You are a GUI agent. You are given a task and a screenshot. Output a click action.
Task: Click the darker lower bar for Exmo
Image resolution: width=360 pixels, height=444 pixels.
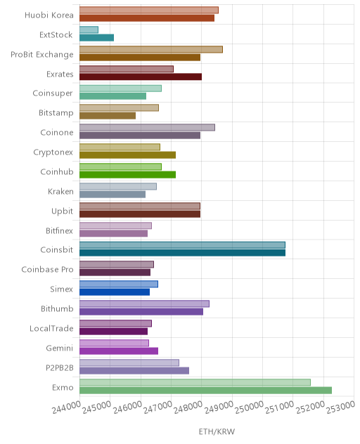coord(205,390)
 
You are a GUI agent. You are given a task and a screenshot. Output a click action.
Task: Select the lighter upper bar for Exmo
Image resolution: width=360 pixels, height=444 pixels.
coord(195,382)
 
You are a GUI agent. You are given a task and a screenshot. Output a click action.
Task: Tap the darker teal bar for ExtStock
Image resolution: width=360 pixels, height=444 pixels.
coord(96,38)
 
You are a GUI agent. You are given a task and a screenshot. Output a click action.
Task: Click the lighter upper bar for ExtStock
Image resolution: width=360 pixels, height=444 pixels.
coord(89,30)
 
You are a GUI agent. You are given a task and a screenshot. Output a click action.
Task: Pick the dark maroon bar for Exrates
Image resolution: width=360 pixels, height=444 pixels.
coord(141,77)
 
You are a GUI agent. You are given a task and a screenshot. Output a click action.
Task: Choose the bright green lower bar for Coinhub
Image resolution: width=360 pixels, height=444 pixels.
coord(127,175)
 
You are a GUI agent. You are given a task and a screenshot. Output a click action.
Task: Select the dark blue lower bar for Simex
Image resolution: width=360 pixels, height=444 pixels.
coord(115,292)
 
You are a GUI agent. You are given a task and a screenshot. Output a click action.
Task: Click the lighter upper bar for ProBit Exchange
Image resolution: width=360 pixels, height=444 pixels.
coord(151,49)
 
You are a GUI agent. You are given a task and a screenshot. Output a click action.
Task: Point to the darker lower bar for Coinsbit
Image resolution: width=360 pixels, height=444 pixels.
coord(183,253)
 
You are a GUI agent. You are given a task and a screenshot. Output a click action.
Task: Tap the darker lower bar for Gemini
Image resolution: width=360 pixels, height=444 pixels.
coord(119,351)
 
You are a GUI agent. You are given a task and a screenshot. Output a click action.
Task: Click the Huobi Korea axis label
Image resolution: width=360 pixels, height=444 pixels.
coord(49,15)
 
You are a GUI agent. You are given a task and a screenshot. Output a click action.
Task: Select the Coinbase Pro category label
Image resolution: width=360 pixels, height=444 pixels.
coord(47,269)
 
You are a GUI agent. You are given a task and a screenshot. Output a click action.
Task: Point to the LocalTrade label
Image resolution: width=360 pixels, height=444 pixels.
coord(51,329)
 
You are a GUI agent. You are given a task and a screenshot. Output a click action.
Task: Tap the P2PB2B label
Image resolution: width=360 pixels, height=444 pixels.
coord(60,368)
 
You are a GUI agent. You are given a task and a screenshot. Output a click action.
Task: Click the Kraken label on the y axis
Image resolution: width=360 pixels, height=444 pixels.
coord(60,192)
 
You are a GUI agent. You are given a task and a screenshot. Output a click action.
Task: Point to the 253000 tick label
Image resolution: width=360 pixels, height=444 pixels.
coord(340,407)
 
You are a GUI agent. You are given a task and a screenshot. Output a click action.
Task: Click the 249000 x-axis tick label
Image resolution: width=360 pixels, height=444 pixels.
coord(219,407)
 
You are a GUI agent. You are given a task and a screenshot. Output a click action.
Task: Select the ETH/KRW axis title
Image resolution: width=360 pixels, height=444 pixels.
coord(217,431)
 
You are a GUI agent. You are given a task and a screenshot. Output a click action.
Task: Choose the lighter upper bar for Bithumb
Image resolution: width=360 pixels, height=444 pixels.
coord(145,303)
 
